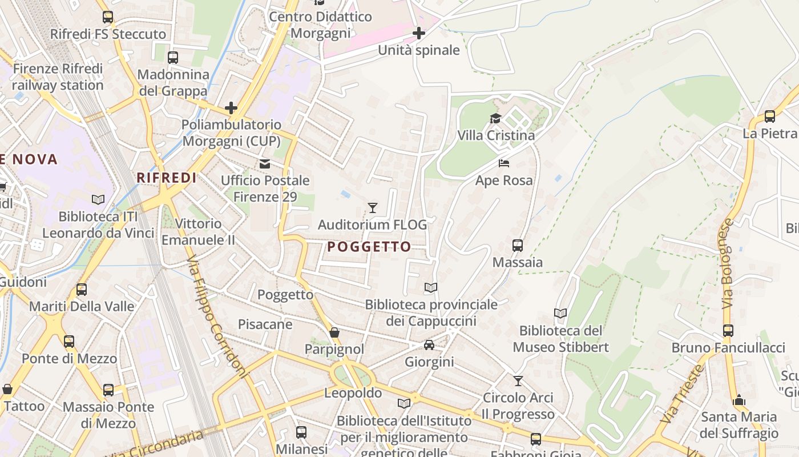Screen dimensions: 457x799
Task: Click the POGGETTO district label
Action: [369, 247]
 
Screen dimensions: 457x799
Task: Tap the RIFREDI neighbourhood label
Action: [167, 178]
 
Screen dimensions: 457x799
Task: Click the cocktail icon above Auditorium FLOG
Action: [373, 207]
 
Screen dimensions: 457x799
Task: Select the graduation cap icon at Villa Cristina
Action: [495, 118]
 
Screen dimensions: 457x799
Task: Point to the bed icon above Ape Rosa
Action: [504, 163]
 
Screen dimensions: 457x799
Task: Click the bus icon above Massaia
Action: [518, 246]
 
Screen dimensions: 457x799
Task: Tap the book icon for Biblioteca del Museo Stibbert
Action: [560, 313]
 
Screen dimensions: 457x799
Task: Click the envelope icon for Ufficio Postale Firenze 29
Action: [265, 164]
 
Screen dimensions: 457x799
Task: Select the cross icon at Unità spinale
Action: [419, 33]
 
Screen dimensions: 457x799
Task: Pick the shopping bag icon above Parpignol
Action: [334, 332]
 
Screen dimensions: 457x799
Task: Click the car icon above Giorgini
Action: [429, 345]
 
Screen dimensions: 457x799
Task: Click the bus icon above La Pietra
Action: [769, 117]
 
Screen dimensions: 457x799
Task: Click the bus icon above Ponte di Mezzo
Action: [69, 342]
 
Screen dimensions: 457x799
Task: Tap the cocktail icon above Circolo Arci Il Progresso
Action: [518, 380]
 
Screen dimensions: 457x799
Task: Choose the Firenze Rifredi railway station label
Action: [58, 77]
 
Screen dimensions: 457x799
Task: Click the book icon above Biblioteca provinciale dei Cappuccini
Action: [431, 287]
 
